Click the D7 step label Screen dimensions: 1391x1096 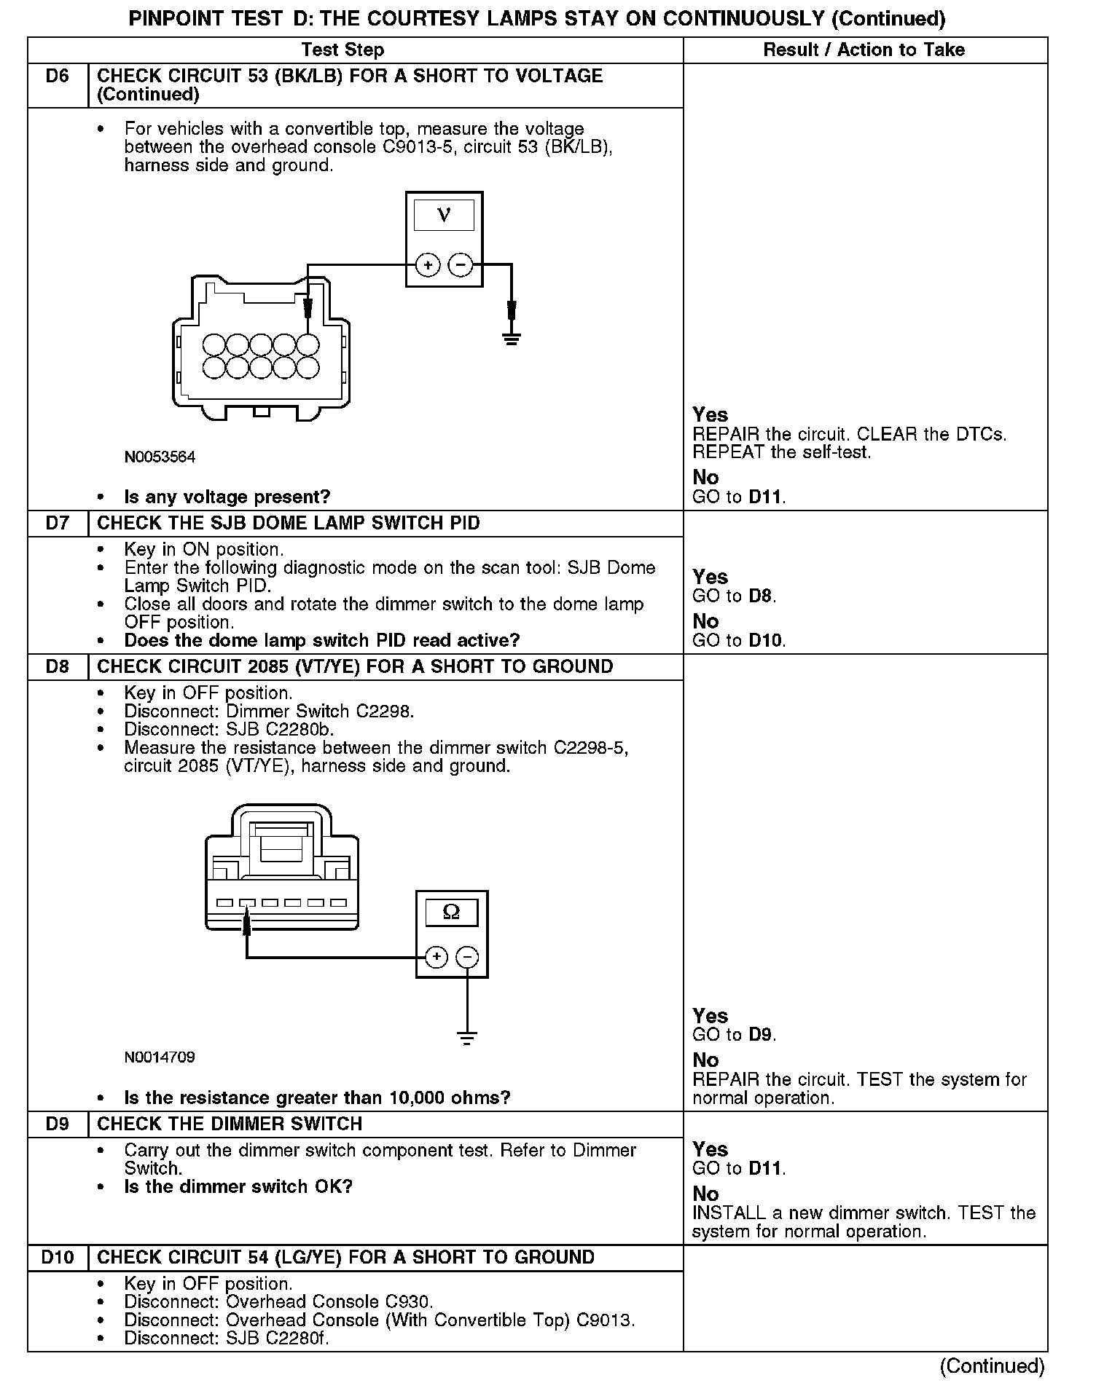(57, 524)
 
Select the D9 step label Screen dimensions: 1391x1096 (57, 1124)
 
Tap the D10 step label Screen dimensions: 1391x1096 (57, 1258)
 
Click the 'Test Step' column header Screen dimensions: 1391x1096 (342, 50)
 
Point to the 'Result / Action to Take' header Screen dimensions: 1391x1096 (864, 50)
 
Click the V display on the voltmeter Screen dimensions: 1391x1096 (444, 215)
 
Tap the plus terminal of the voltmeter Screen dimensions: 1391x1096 (428, 265)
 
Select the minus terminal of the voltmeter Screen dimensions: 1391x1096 (460, 265)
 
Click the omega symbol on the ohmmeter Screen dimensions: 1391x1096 (451, 913)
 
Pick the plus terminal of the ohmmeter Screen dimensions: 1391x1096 (436, 956)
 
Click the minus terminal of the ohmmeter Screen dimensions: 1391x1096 (468, 956)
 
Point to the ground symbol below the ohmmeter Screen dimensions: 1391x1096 (467, 1037)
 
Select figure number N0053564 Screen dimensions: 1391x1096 (160, 457)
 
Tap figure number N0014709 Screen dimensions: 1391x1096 (160, 1057)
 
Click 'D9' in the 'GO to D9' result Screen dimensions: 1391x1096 (762, 1035)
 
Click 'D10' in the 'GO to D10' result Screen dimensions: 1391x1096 (767, 641)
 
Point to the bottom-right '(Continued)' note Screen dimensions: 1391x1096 (992, 1366)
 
